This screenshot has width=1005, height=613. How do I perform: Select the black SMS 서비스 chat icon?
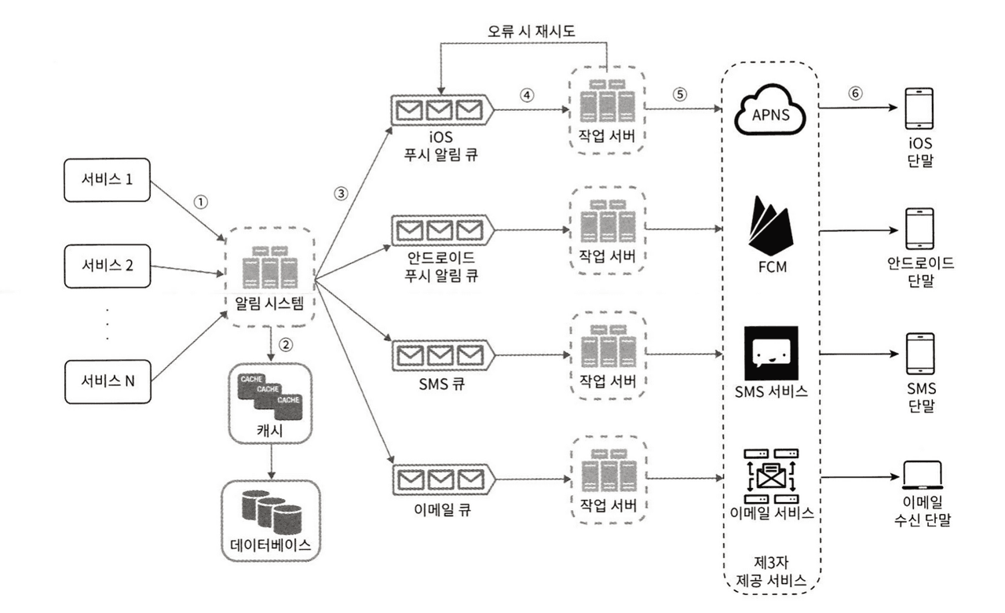pos(770,353)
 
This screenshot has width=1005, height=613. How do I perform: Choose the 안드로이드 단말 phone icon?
pos(919,229)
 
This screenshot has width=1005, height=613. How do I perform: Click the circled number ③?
pos(340,194)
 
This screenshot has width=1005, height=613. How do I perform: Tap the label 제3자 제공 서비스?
pos(770,571)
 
